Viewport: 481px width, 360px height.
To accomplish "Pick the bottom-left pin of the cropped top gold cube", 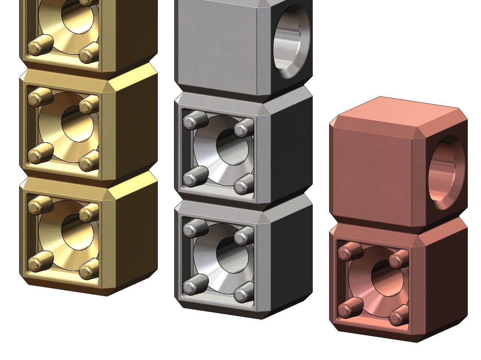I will [38, 46].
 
